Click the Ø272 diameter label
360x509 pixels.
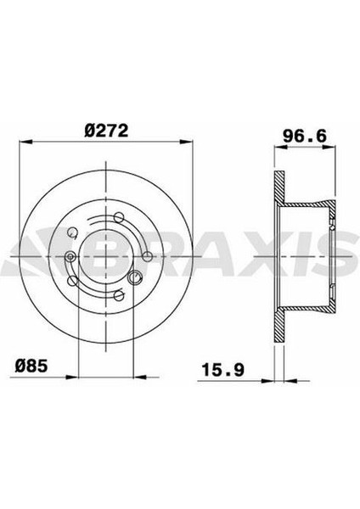pyautogui.click(x=105, y=131)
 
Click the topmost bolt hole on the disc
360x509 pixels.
pyautogui.click(x=106, y=220)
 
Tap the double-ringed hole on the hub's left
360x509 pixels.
pyautogui.click(x=70, y=257)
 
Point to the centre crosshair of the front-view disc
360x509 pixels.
pyautogui.click(x=106, y=256)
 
